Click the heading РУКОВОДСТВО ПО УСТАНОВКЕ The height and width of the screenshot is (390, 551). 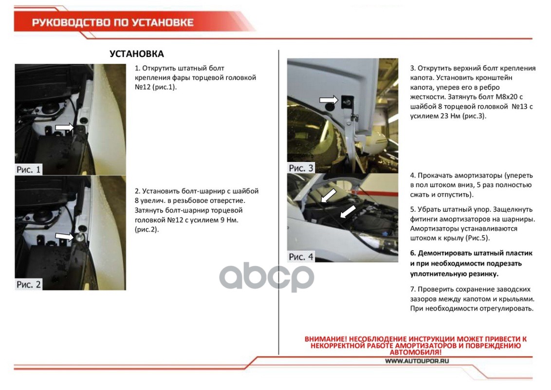[113, 22]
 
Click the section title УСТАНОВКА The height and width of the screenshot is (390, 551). [137, 54]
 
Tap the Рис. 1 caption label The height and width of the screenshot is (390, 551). [28, 169]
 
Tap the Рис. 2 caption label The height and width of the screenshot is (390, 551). [28, 284]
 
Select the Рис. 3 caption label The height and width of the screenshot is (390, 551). [301, 168]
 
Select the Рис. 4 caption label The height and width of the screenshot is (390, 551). [301, 256]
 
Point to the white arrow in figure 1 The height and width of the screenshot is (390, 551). [65, 127]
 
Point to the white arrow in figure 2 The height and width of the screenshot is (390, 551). [65, 236]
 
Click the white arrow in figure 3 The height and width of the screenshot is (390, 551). [329, 100]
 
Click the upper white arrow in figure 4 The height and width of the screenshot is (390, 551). [328, 195]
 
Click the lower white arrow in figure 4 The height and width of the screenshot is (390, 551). [348, 212]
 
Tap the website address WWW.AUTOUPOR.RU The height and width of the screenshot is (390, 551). [417, 361]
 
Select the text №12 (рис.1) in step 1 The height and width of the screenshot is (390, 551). [156, 87]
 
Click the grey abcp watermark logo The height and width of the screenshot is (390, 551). [267, 277]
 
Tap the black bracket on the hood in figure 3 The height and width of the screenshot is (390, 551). [347, 102]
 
